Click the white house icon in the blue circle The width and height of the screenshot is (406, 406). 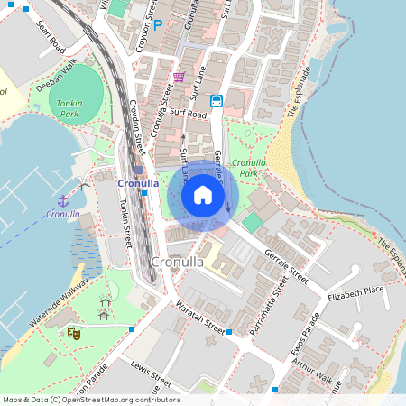[202, 195]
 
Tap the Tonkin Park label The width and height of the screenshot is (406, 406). [65, 109]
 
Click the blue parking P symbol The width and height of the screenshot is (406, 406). [159, 26]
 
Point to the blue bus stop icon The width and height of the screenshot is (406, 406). [217, 100]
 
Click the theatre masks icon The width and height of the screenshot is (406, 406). [74, 333]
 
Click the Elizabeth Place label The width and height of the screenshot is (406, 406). [355, 295]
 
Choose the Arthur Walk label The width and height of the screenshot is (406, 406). [312, 370]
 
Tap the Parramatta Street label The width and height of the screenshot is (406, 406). [268, 306]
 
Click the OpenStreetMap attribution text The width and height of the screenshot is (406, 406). [91, 400]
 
